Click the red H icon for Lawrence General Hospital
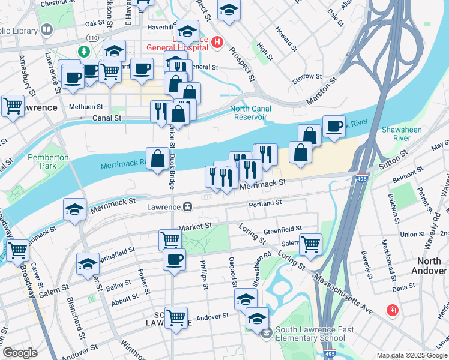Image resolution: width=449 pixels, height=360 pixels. coord(217,43)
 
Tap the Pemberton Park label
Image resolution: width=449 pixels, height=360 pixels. coord(49,161)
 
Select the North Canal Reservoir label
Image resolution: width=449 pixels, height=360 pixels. coord(250,113)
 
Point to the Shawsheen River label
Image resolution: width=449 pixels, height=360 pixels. coord(402,134)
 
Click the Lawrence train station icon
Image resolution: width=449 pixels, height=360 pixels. coord(188,207)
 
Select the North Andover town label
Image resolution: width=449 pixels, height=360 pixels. coord(429,266)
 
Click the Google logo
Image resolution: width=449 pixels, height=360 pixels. coord(20,352)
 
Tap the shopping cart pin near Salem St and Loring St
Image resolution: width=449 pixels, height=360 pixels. coord(310,244)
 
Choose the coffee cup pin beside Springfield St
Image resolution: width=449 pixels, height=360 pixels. coord(175,259)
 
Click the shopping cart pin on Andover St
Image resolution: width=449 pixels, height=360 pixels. coord(176,316)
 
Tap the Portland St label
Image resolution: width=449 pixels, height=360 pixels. coord(265,203)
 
